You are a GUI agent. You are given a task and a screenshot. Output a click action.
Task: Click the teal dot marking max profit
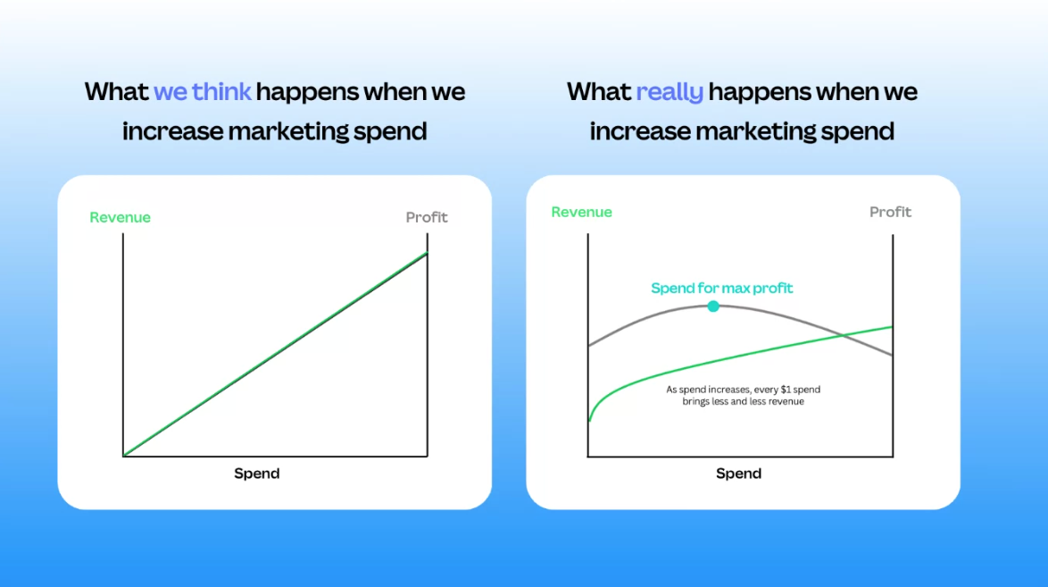(x=713, y=306)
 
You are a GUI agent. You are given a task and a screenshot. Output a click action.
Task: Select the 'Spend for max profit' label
(x=722, y=289)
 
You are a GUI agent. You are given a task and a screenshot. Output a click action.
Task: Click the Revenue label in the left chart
(x=121, y=217)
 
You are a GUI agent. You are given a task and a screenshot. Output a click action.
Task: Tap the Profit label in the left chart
(x=427, y=217)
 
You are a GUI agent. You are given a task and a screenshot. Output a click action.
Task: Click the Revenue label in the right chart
(x=581, y=212)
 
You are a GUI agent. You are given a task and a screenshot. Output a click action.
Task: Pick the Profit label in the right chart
(x=890, y=212)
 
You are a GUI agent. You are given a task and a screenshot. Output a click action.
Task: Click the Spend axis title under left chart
(x=257, y=474)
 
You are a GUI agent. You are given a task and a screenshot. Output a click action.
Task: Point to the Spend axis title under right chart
(x=738, y=474)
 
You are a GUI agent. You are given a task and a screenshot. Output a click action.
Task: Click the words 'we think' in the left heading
(x=203, y=92)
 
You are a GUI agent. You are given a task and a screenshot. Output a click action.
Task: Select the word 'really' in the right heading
(x=670, y=92)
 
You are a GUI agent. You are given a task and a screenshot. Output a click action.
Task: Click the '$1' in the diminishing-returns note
(x=786, y=390)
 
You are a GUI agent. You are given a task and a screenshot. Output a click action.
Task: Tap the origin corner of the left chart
(x=124, y=456)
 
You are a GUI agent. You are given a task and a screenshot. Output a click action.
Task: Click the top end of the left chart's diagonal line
(x=427, y=253)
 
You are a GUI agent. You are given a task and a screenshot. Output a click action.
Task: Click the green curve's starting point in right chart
(x=589, y=420)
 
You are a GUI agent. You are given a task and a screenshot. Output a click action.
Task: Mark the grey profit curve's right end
(x=893, y=355)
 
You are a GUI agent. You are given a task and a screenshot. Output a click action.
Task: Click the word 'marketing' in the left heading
(x=288, y=131)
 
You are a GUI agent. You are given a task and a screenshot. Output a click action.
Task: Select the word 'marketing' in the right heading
(x=756, y=131)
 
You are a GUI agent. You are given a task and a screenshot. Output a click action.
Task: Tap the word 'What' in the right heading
(x=599, y=92)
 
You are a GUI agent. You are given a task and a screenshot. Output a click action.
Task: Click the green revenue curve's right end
(x=893, y=327)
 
